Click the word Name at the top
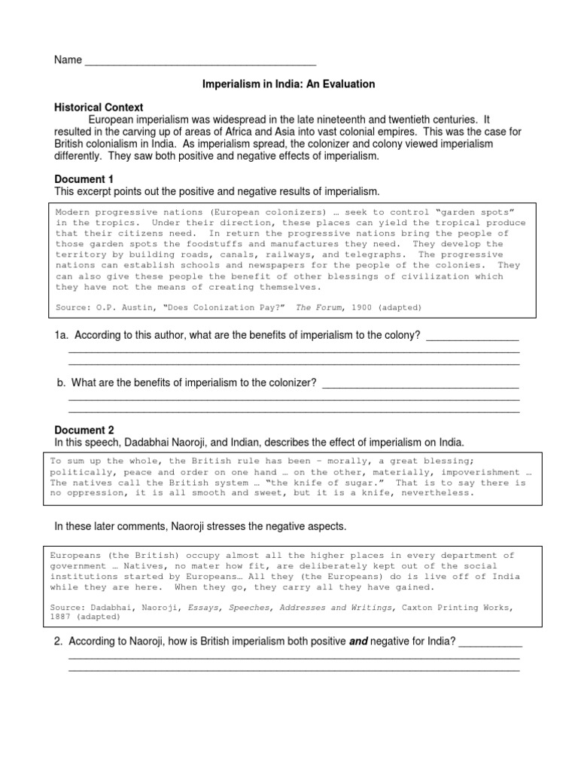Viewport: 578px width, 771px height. tap(68, 60)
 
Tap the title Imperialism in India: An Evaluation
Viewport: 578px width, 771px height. tap(289, 84)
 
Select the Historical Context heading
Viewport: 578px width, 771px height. tap(99, 108)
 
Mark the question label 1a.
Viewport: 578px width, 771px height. tap(62, 335)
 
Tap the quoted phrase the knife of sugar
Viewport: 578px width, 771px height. tap(324, 483)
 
